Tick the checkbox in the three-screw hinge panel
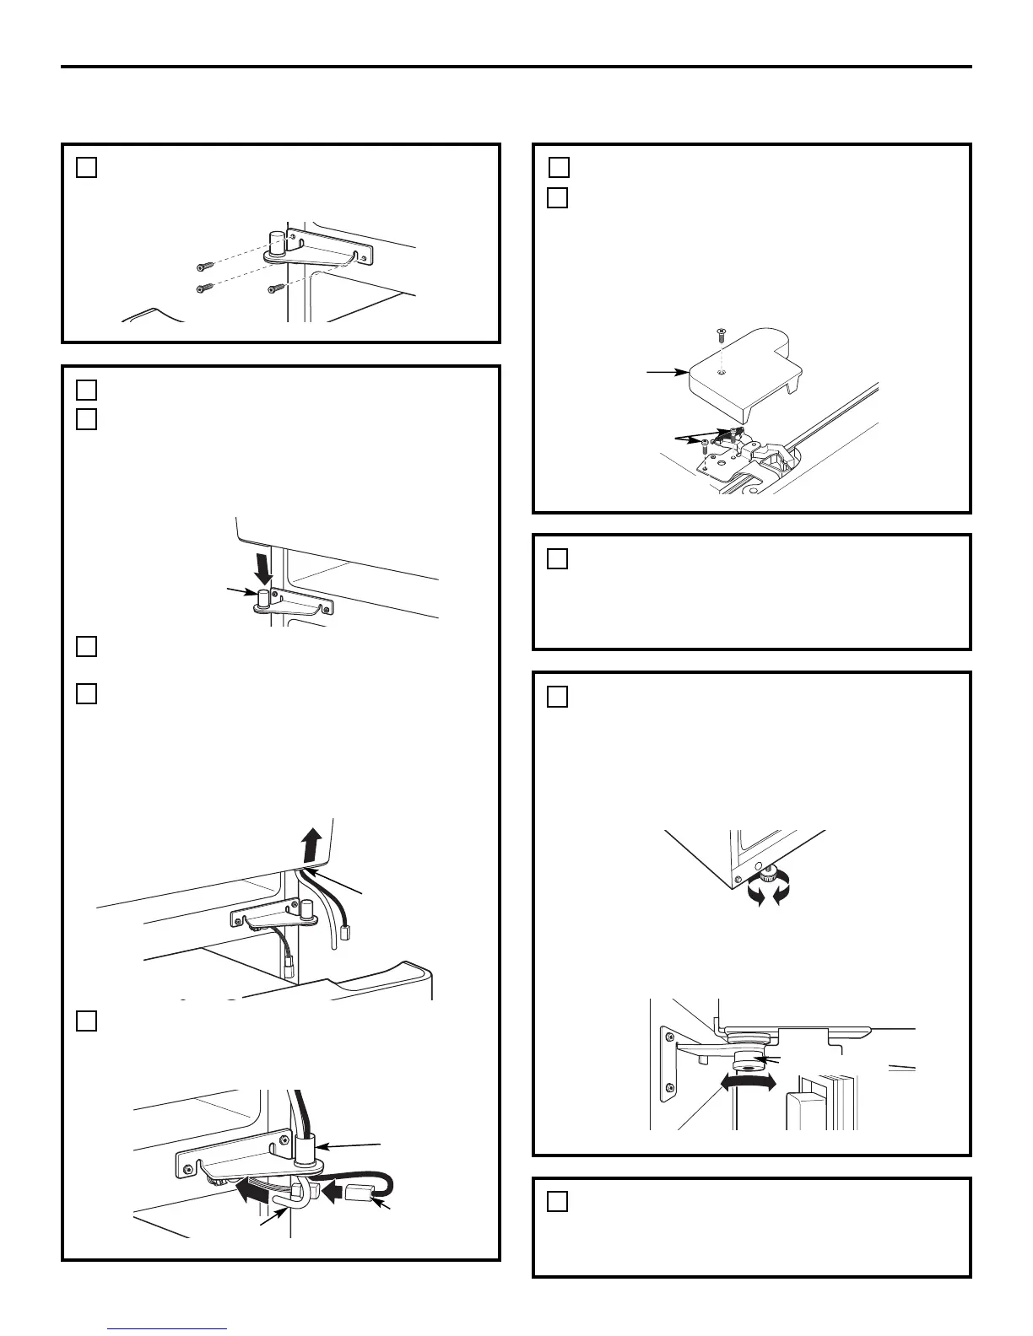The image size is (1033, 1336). point(86,168)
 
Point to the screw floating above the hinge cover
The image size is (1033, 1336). point(720,335)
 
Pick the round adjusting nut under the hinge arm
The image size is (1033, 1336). point(748,1061)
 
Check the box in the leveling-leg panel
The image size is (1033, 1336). point(557,697)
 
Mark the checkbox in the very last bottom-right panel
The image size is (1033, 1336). point(557,1202)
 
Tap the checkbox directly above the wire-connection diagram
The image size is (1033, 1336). point(86,1021)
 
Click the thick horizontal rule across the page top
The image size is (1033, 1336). point(516,67)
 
